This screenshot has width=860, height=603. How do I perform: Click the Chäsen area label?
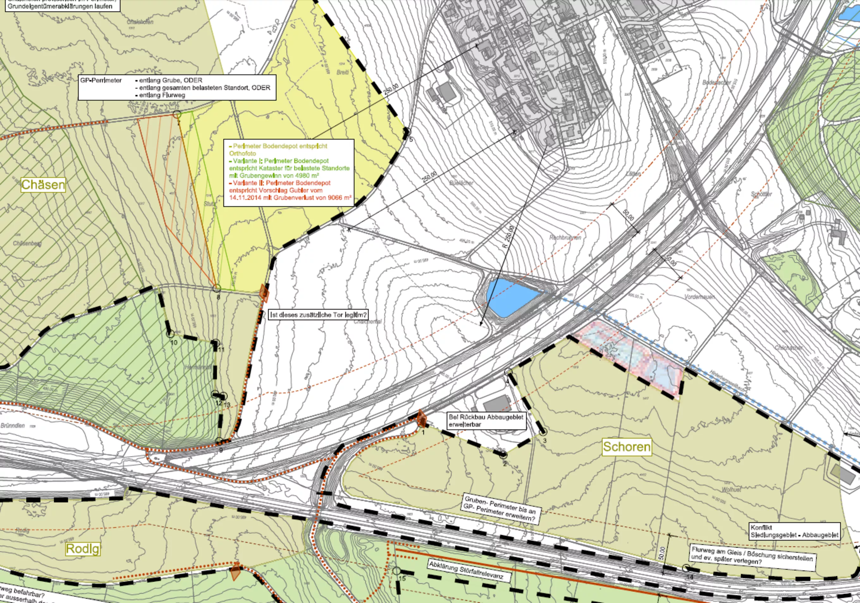click(43, 185)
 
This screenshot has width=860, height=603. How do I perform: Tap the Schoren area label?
click(627, 447)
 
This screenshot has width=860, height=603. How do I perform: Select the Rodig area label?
click(83, 549)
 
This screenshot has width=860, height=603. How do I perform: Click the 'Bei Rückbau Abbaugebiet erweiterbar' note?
click(486, 421)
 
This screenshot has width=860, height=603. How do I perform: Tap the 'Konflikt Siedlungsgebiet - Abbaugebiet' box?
click(794, 531)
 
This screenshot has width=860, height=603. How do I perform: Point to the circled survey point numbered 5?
click(407, 132)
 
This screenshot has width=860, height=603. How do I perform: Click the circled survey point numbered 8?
click(217, 289)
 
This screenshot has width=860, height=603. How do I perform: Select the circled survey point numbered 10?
click(170, 334)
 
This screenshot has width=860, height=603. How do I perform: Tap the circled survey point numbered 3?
click(543, 433)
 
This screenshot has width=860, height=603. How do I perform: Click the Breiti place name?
click(343, 72)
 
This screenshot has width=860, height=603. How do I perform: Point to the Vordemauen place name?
click(699, 297)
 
